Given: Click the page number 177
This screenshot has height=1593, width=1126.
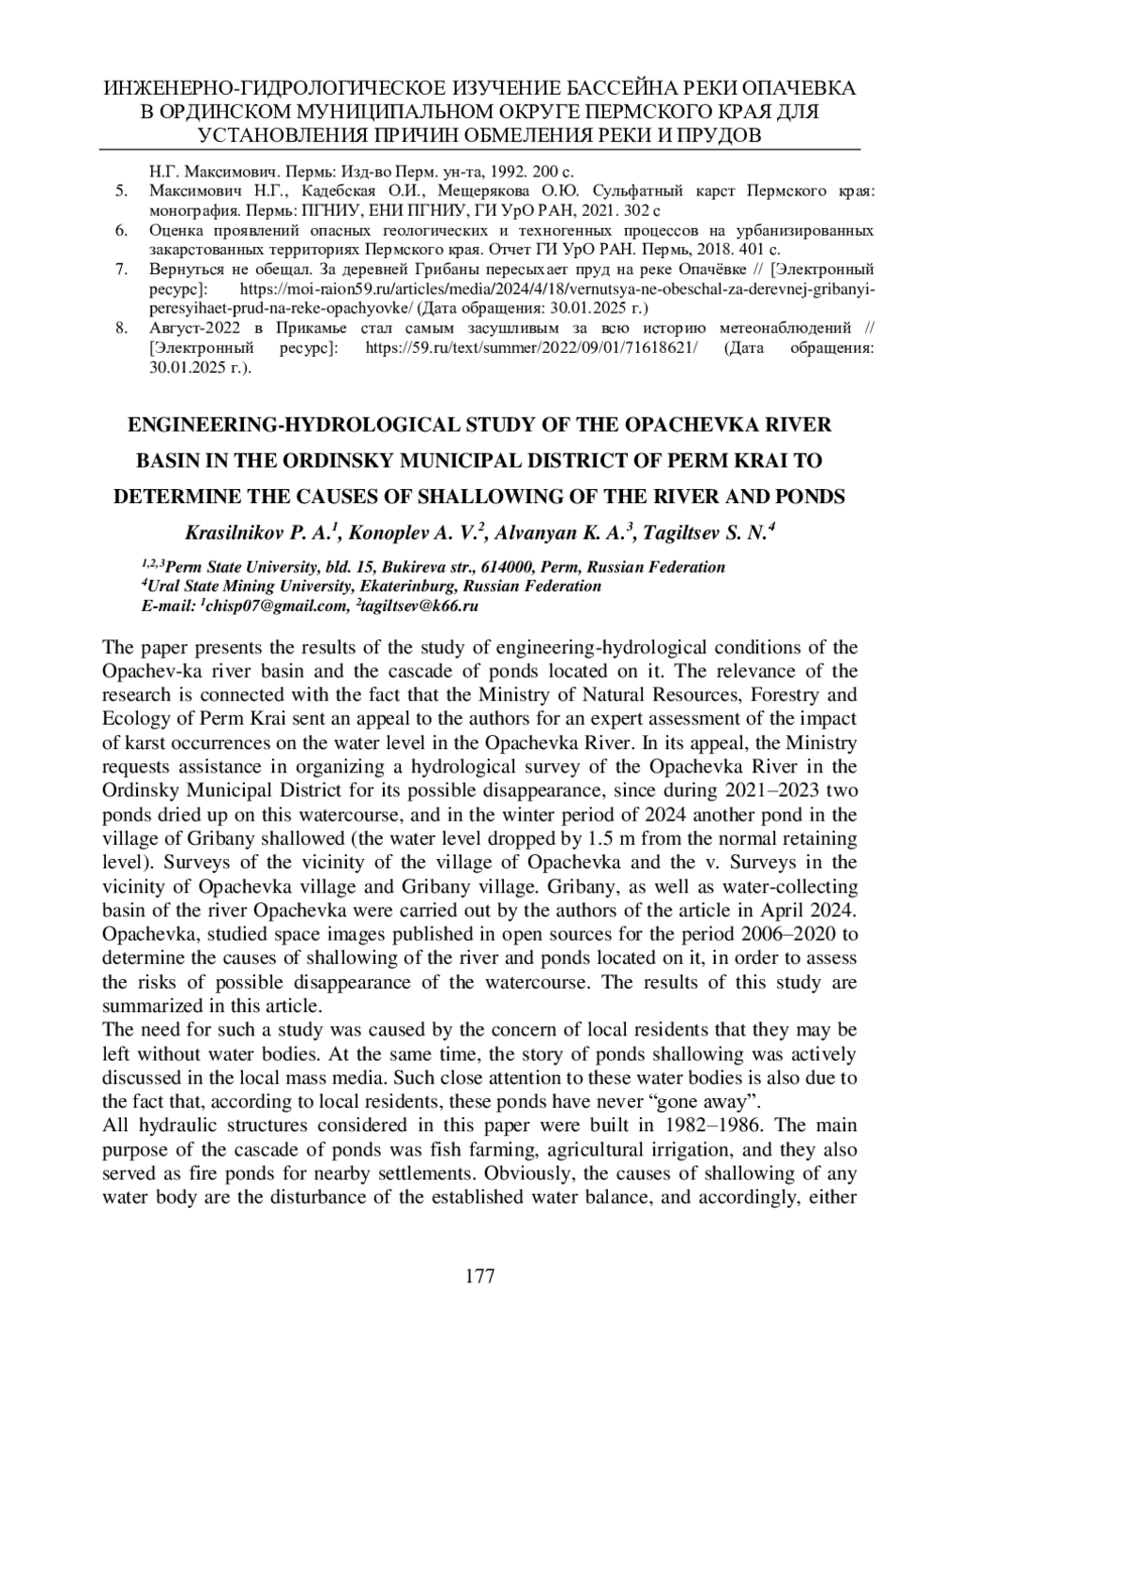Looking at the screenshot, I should pos(479,1276).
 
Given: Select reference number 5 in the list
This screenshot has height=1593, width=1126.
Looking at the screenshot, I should pos(121,191).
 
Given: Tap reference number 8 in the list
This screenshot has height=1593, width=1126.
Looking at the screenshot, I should pos(121,329).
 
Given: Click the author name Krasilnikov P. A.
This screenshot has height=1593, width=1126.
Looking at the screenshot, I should pos(262,534).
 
